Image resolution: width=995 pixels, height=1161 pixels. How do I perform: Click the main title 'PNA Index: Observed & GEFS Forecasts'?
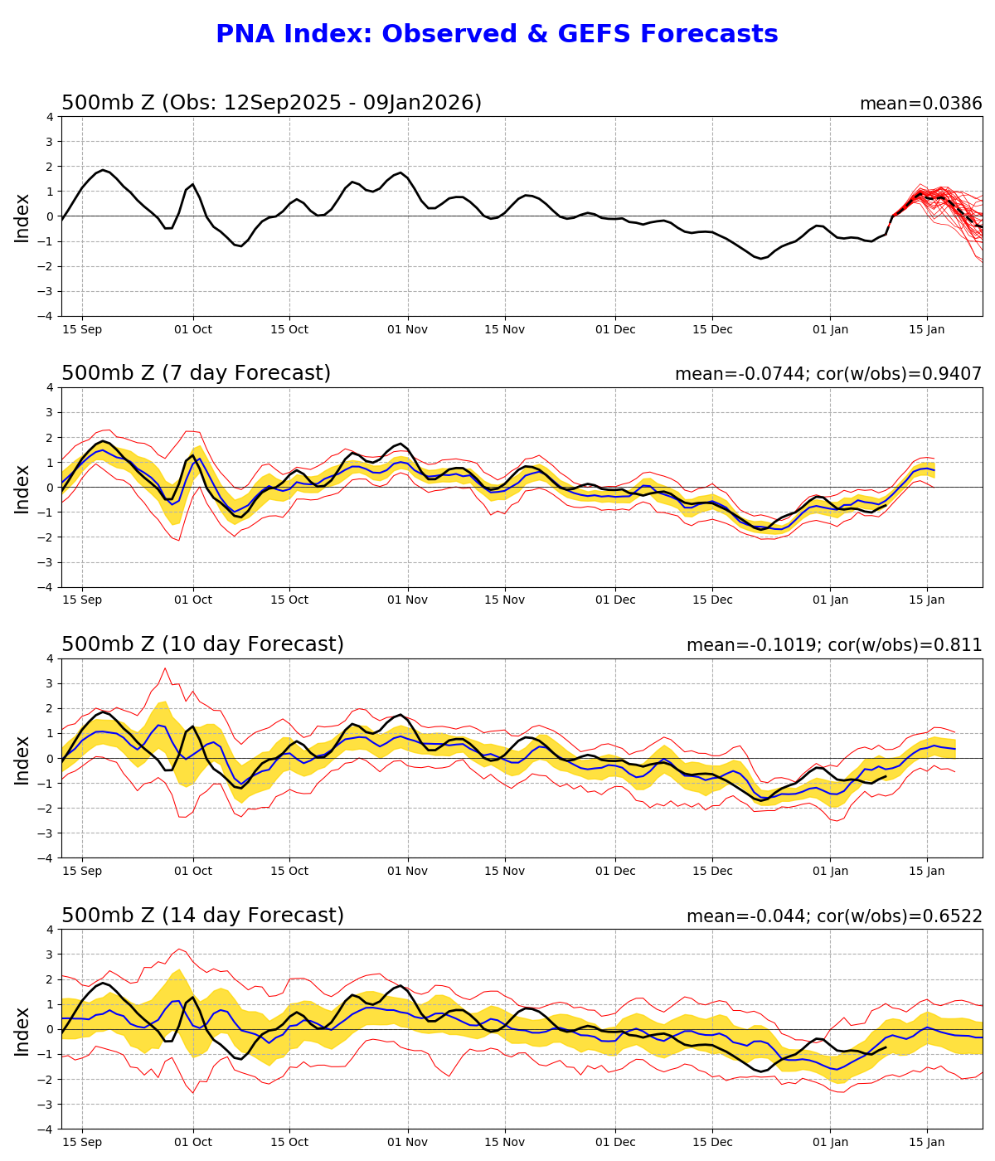(497, 35)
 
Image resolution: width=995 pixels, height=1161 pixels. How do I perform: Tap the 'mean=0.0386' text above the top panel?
(920, 104)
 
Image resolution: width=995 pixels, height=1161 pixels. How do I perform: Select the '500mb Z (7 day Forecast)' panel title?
(196, 373)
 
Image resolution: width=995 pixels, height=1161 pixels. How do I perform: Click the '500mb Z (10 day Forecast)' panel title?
(202, 644)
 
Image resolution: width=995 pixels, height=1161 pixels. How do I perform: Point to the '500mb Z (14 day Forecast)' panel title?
(202, 916)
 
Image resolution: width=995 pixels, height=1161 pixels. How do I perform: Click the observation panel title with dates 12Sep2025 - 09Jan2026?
(271, 103)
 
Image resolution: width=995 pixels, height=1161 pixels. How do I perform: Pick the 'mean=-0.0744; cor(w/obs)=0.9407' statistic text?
(828, 374)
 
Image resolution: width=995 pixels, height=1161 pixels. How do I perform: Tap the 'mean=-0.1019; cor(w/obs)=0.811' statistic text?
(833, 645)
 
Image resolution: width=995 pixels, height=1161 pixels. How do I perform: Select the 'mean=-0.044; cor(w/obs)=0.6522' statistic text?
(833, 916)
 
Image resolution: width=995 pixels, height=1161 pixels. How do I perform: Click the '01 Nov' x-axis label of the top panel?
(407, 329)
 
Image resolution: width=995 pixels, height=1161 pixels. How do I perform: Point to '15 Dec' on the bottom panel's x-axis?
(712, 1142)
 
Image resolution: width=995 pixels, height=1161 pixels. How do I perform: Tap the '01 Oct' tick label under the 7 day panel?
(193, 600)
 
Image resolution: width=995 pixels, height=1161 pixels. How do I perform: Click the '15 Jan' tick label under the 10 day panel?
(927, 871)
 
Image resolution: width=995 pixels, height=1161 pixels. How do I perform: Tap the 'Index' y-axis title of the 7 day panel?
(22, 488)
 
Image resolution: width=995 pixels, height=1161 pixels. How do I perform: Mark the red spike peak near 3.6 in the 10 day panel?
(165, 668)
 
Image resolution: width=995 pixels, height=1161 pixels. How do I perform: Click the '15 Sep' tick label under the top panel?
(82, 329)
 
